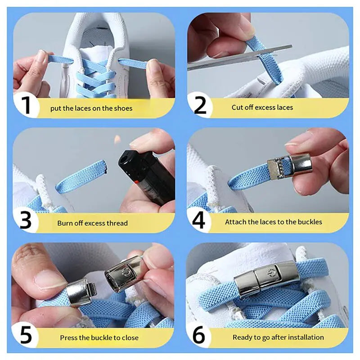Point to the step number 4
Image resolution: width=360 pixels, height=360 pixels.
click(199, 220)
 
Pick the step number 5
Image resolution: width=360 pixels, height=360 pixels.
click(26, 336)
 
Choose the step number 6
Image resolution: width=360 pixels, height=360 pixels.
click(199, 336)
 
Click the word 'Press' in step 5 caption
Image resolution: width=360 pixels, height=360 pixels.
click(69, 337)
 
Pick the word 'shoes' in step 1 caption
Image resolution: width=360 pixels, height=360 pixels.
click(123, 108)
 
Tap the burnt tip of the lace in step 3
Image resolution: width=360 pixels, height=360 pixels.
click(105, 169)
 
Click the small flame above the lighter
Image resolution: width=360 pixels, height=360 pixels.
click(118, 140)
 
